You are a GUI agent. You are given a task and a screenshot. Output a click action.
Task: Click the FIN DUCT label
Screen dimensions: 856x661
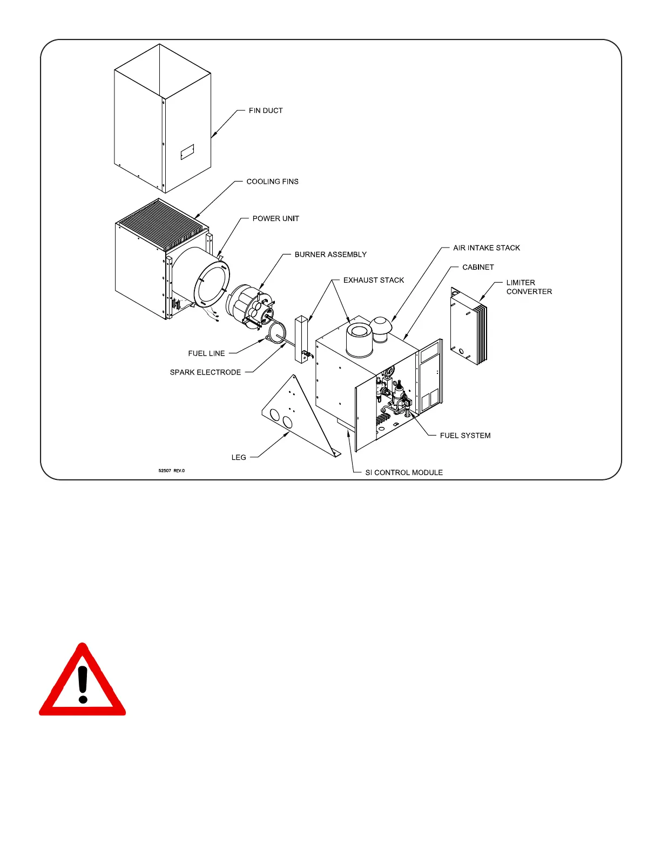tap(266, 111)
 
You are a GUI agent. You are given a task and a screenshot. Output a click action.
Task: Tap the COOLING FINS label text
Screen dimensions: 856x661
tap(272, 182)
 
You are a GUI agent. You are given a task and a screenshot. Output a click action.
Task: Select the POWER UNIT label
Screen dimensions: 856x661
tap(275, 219)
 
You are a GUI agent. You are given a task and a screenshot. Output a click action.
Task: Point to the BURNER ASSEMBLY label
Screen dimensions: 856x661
tap(330, 255)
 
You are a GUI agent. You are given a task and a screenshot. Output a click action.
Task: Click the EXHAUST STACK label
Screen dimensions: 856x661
tap(374, 280)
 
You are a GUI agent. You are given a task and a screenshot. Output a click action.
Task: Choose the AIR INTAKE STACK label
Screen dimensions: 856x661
tap(486, 248)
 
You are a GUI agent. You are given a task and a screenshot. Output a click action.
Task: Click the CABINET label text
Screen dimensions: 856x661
tap(478, 267)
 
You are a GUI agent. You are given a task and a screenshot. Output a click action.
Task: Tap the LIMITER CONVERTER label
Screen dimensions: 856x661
tap(529, 287)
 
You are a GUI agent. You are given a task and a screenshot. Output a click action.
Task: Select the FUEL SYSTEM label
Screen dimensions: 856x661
tap(465, 436)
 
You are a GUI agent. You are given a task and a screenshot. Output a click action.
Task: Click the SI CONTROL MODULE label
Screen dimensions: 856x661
tap(404, 473)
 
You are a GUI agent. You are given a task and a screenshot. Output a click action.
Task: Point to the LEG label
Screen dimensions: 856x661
tap(239, 458)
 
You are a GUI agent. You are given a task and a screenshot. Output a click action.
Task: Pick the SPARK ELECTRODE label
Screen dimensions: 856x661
tap(205, 372)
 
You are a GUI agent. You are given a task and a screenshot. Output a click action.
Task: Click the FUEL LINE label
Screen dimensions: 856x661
tap(206, 353)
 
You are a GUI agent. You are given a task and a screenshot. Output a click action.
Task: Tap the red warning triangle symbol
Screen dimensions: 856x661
tap(83, 683)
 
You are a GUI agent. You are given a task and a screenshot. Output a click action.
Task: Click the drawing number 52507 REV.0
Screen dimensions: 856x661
tap(172, 471)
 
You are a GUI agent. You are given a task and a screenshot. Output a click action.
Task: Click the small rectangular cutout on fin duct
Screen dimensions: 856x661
tap(187, 151)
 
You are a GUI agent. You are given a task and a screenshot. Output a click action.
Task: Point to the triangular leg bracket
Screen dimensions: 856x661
tap(294, 416)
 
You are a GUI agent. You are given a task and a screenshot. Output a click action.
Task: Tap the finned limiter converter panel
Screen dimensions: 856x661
tap(469, 327)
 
